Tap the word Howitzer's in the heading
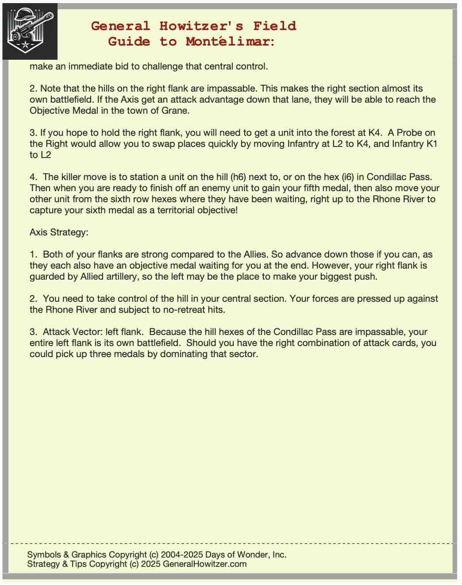tap(201, 26)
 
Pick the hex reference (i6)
tap(347, 177)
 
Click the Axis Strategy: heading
tap(59, 232)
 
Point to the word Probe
tap(411, 133)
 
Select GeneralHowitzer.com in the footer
tap(204, 564)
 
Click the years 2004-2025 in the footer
tap(181, 554)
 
